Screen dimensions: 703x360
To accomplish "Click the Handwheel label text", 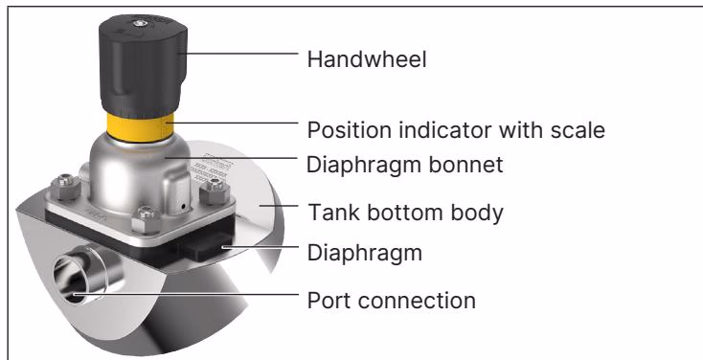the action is coord(366,59).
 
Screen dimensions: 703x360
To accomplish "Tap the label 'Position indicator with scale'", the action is coord(456,130).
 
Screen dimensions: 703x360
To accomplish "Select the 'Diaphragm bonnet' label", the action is coord(404,165).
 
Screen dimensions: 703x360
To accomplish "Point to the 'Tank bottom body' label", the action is coord(405,212).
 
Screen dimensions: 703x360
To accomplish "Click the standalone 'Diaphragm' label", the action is coord(365,253).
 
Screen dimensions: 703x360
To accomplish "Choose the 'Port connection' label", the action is coord(391,300).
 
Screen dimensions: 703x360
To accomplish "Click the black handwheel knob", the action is coord(143,66).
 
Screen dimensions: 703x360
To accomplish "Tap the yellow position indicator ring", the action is coord(140,127).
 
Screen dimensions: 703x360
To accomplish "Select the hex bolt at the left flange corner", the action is coord(66,186).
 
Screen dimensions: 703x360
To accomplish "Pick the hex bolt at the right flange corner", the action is coord(215,191).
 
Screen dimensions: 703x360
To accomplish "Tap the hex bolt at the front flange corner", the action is coord(147,218).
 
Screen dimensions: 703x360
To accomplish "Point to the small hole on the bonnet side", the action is coord(183,206).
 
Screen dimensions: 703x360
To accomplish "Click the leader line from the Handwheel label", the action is coord(238,53).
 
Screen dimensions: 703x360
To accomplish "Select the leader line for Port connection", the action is coord(186,294).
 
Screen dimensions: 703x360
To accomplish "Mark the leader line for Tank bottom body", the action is coord(279,205).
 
